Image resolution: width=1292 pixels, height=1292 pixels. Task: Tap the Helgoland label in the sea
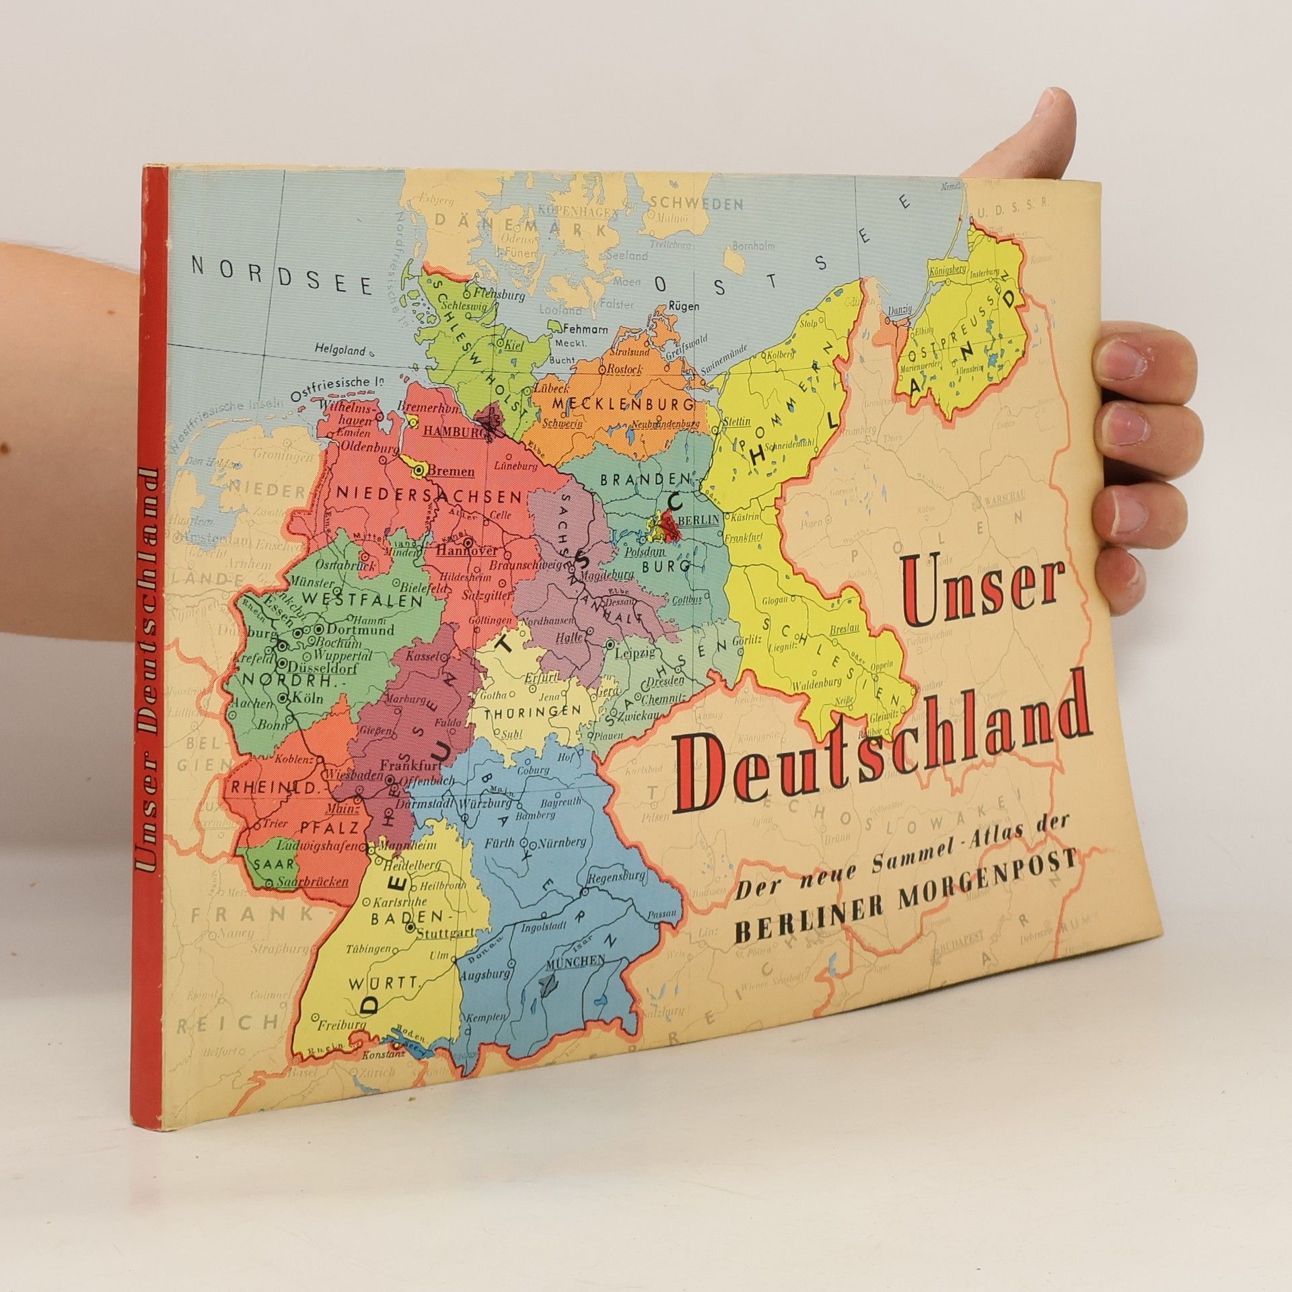point(340,350)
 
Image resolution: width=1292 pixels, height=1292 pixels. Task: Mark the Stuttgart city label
point(445,934)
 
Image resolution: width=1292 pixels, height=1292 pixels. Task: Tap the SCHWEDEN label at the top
point(696,204)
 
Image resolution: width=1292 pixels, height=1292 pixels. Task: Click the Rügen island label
point(683,306)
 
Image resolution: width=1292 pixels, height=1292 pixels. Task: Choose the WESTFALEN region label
point(362,599)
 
